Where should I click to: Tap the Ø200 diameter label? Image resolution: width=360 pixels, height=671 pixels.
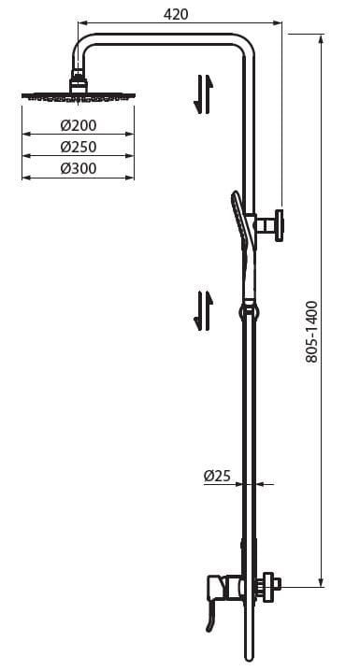(x=78, y=126)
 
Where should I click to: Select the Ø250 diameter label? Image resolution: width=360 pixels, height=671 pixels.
(x=78, y=148)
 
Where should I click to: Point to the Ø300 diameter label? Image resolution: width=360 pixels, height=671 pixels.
(x=78, y=168)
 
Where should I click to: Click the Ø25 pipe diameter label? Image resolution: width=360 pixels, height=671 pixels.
(x=217, y=476)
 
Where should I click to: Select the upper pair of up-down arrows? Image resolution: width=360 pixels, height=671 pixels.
(x=204, y=94)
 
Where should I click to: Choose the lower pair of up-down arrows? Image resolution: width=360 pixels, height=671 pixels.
(x=203, y=310)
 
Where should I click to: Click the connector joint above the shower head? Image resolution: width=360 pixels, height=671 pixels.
(x=77, y=79)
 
